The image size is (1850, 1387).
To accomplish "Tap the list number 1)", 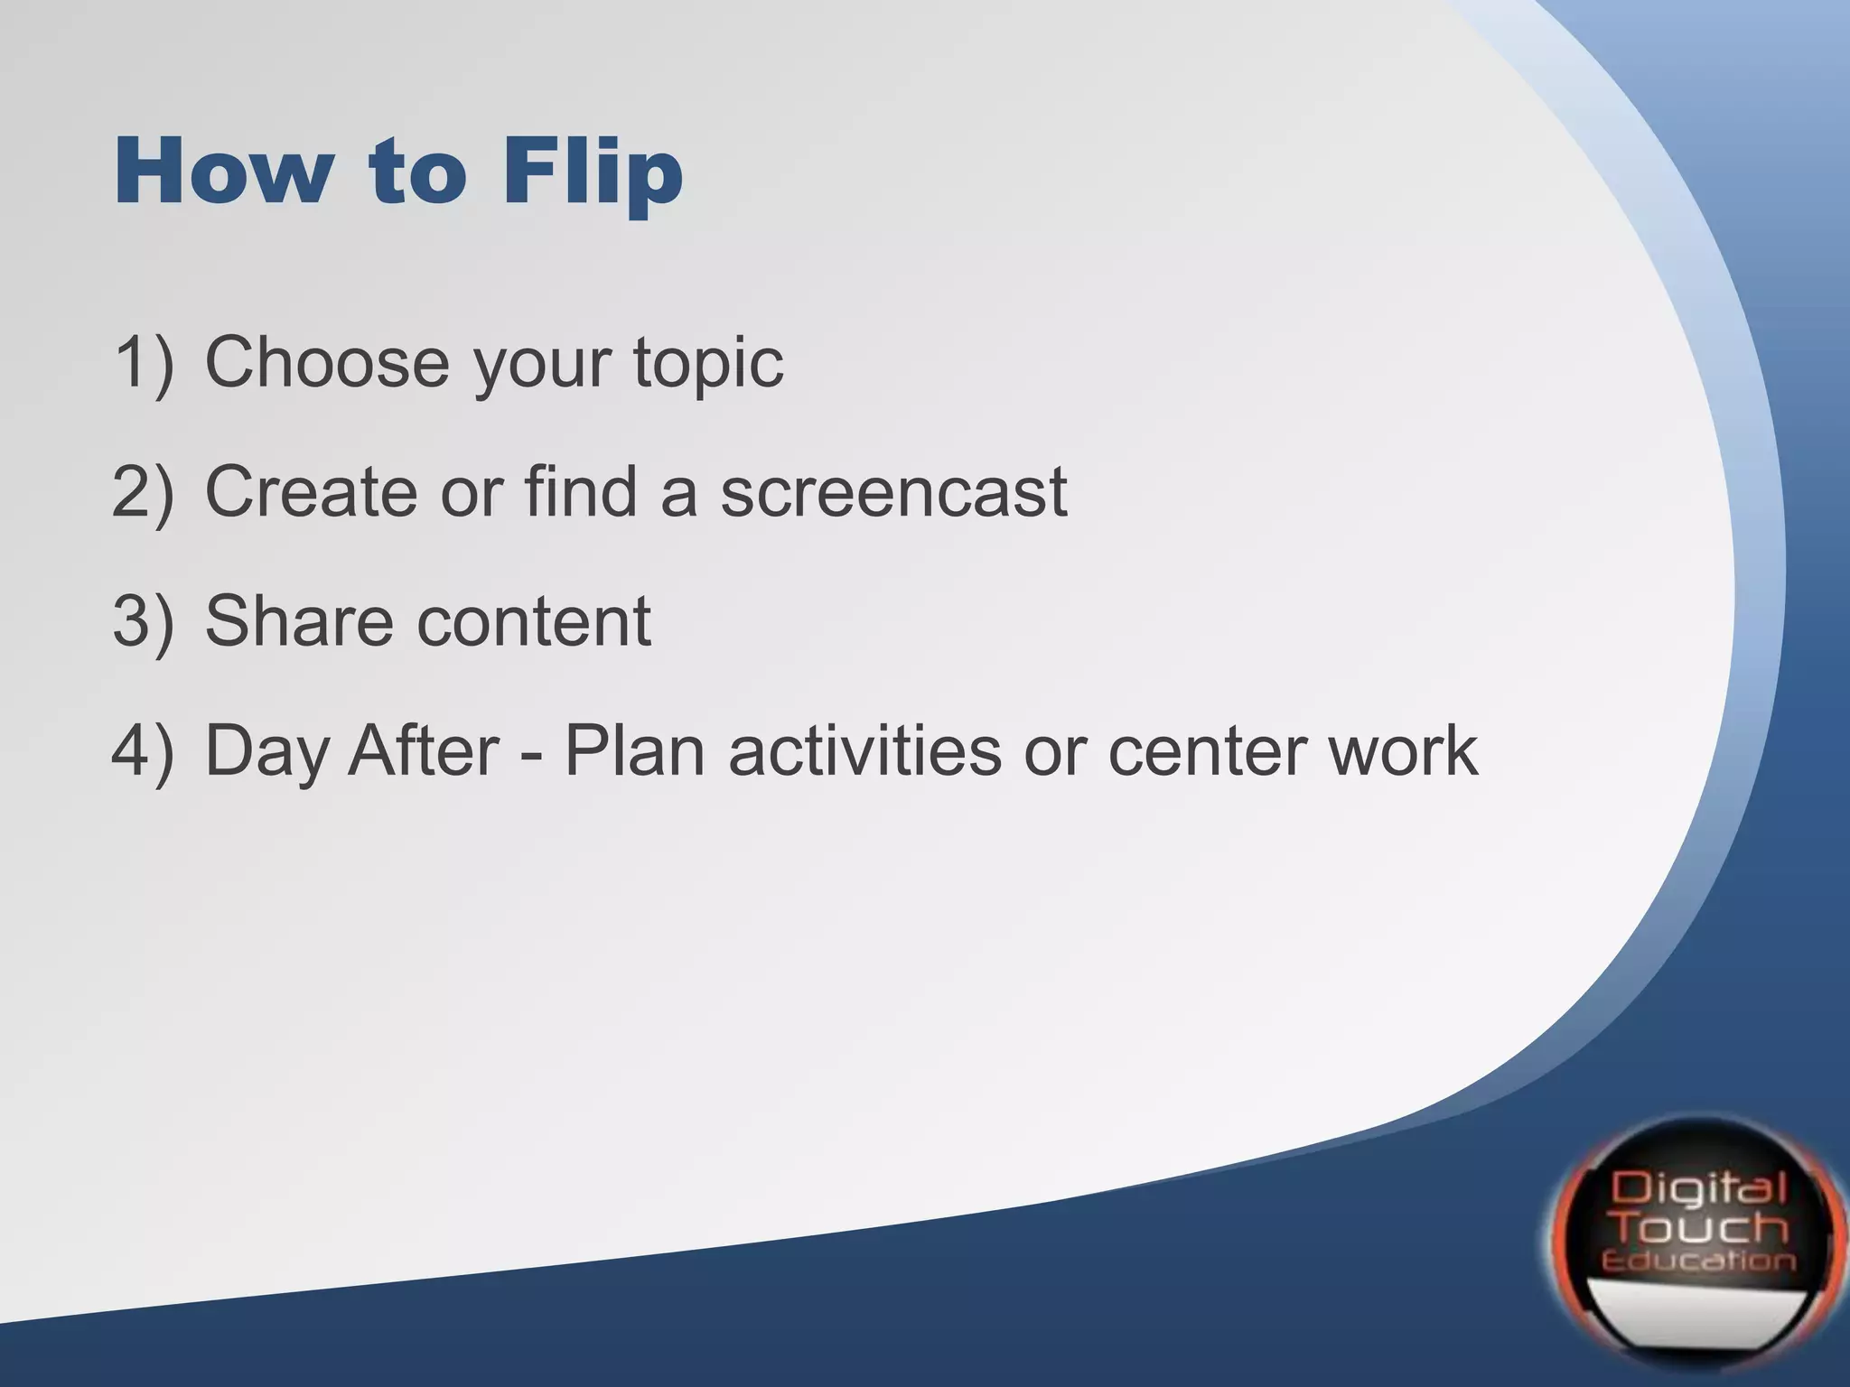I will pos(143,362).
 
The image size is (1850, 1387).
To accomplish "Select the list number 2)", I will pos(143,492).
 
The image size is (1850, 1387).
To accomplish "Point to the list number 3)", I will pos(143,621).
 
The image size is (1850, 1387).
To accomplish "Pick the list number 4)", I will pos(143,751).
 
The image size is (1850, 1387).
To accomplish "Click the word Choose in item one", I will pos(327,362).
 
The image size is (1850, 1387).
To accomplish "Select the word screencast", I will pos(893,492).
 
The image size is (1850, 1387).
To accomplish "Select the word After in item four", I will pos(424,751).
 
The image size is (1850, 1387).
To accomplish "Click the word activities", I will pos(864,751).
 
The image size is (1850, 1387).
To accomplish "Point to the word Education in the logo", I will pos(1697,1261).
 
